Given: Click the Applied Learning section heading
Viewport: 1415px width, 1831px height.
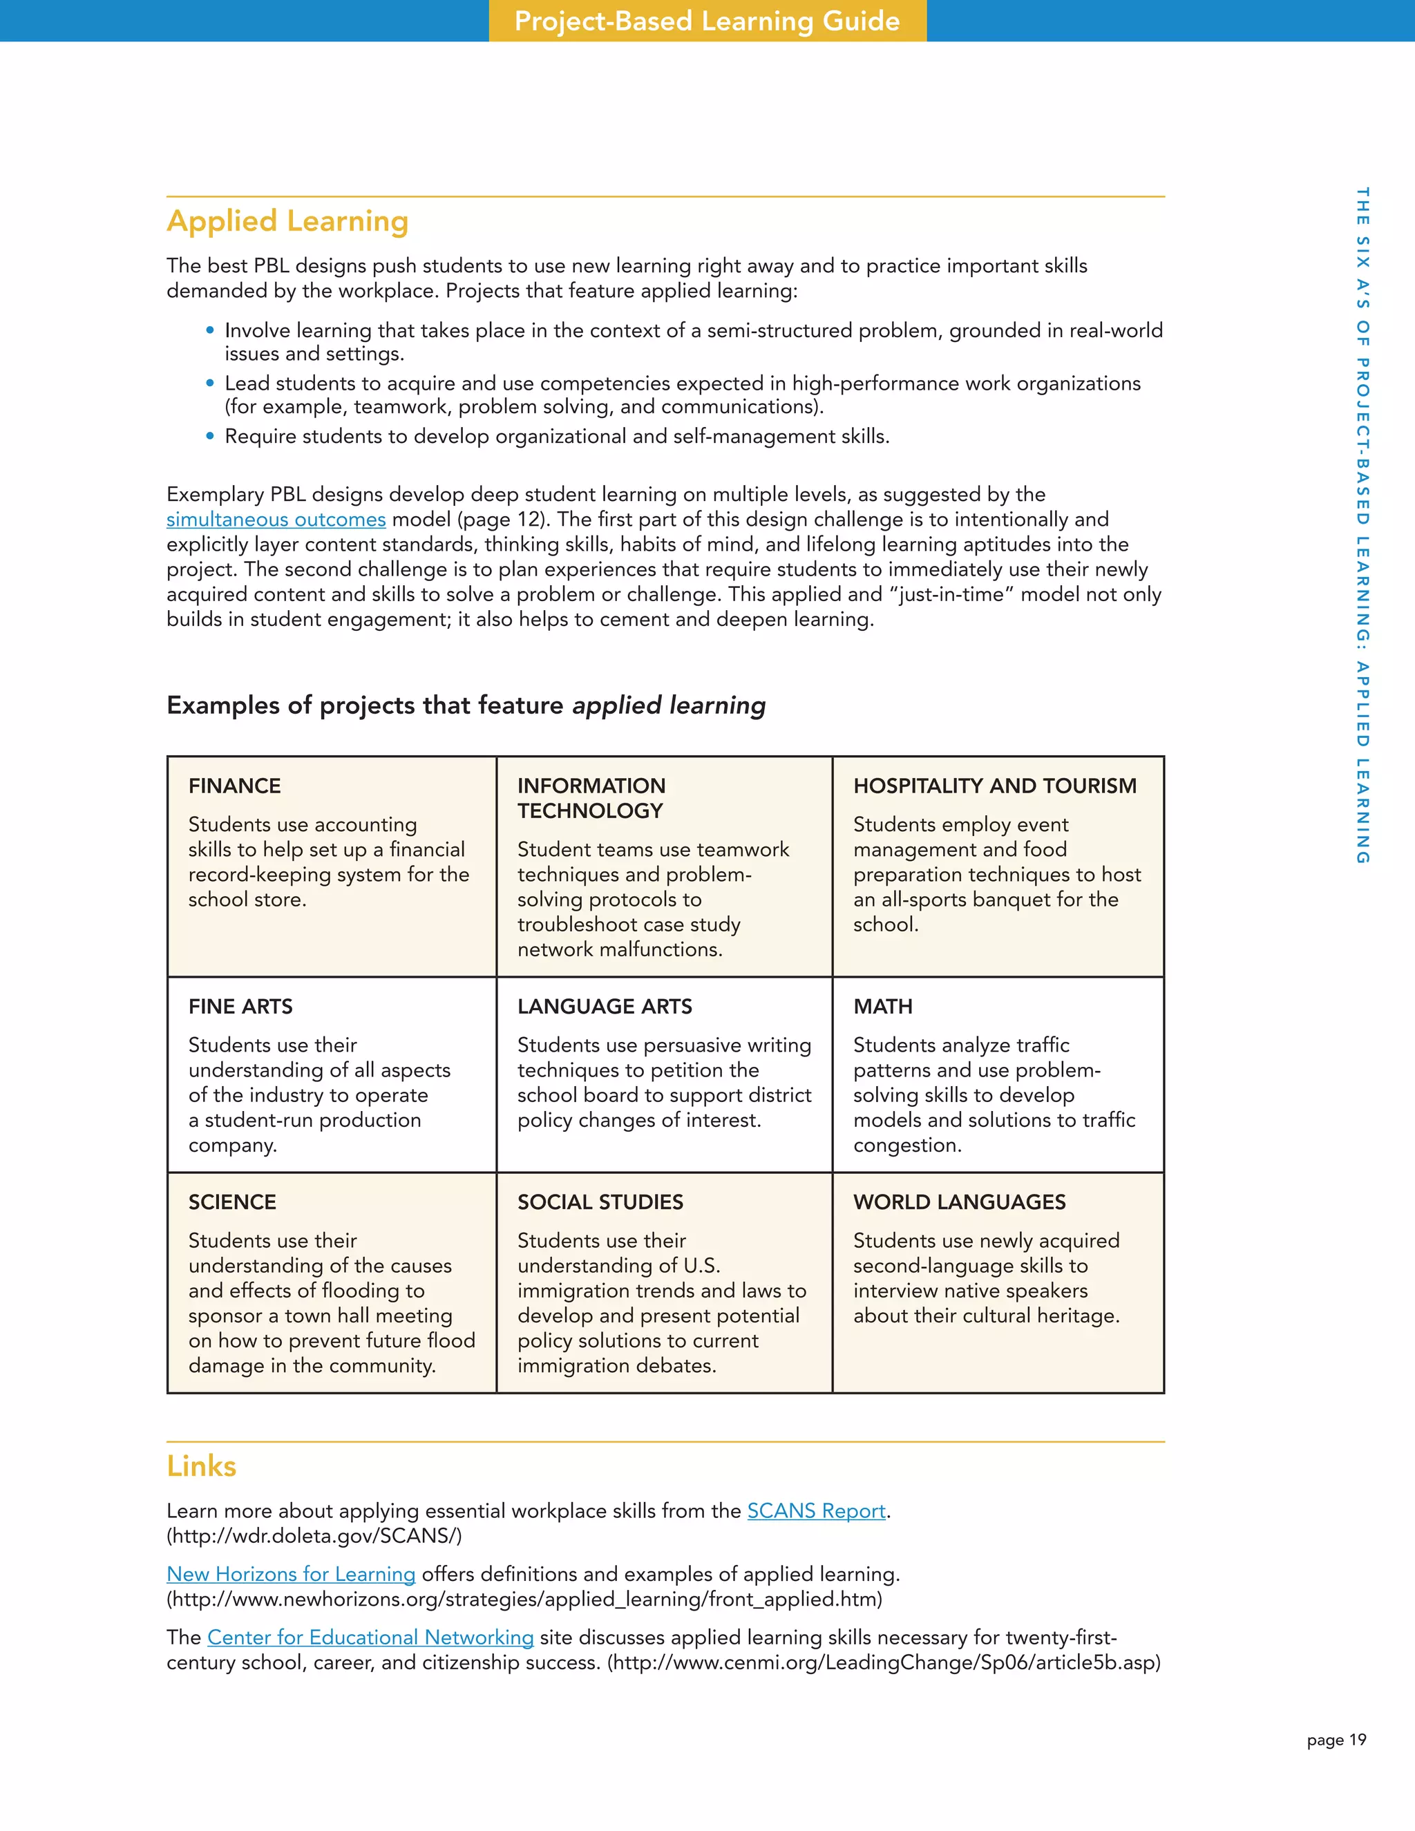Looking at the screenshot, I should click(287, 221).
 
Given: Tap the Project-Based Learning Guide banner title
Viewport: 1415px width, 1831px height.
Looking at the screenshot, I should click(707, 21).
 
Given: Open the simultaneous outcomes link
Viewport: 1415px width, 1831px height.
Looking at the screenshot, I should click(276, 520).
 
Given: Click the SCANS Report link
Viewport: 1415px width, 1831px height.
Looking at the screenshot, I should click(816, 1510).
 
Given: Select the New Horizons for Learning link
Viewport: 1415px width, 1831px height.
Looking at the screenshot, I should click(291, 1575).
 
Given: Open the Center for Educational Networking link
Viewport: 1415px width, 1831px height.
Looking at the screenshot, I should click(370, 1638).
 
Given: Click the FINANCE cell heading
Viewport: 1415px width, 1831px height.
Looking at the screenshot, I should click(235, 786).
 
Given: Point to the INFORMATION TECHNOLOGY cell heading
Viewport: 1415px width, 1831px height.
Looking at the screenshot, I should click(591, 798).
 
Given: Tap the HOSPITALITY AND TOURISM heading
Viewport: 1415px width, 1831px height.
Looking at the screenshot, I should click(994, 786).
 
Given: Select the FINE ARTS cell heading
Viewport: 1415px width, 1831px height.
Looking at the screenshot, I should click(240, 1007).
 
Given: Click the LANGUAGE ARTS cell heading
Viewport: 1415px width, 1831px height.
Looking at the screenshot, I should click(605, 1007).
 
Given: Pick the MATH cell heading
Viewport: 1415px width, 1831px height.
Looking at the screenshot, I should click(883, 1007).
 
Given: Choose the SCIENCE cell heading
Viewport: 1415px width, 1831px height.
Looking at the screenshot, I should click(232, 1202).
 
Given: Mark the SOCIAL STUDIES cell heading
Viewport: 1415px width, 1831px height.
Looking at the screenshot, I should click(600, 1202).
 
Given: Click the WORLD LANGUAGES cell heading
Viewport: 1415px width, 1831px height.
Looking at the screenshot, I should click(959, 1202).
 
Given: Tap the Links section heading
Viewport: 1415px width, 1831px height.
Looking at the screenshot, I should click(201, 1466).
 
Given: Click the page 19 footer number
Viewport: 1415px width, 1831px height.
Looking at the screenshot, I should click(1336, 1740).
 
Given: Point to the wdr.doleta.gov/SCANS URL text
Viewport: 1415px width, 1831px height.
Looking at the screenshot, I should click(314, 1536).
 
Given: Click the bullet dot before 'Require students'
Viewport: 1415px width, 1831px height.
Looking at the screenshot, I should click(211, 436).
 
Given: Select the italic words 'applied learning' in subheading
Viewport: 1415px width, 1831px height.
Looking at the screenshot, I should click(669, 706).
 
